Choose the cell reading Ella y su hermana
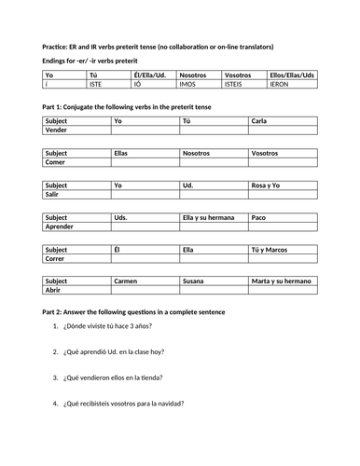point(207,216)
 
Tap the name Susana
point(196,281)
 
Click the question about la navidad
point(123,404)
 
